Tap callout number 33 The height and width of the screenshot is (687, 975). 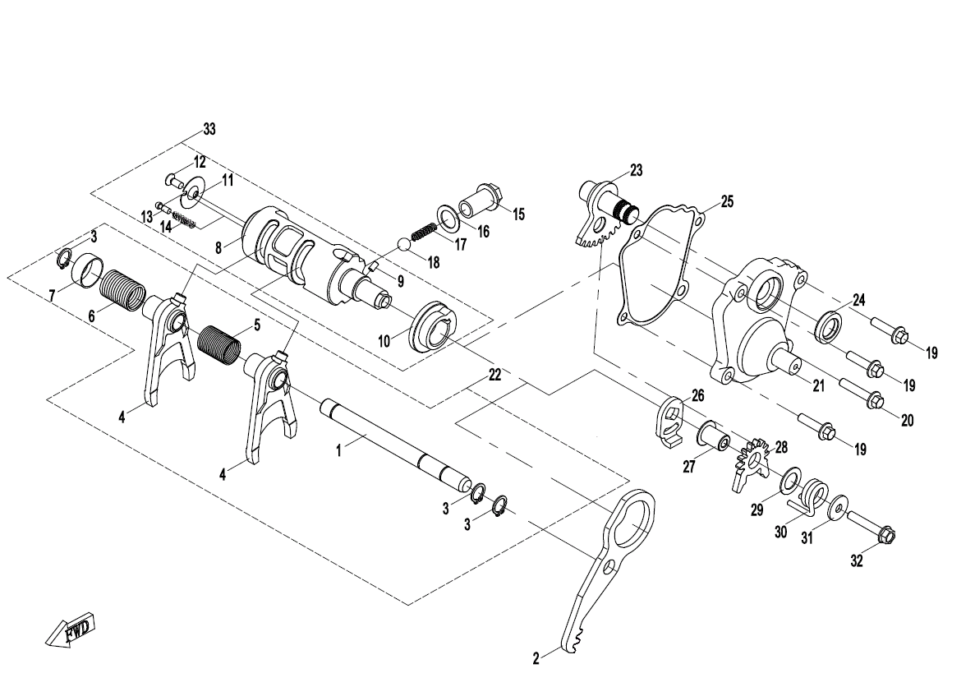209,130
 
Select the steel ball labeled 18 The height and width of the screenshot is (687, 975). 404,243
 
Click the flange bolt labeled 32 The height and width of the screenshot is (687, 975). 871,526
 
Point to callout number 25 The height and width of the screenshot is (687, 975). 727,201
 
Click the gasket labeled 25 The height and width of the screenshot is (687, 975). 661,265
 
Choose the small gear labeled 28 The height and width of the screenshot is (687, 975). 753,463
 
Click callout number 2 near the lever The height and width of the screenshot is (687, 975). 536,658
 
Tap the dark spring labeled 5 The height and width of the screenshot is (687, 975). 218,344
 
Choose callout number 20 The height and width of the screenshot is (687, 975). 907,421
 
